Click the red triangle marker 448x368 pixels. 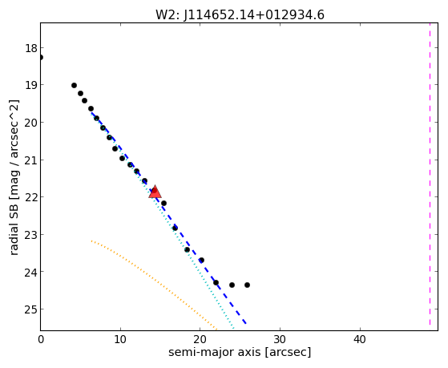coord(155,192)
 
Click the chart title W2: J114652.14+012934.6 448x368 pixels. coord(240,15)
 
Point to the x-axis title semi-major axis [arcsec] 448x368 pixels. coord(240,352)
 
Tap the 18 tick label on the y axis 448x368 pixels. coord(30,48)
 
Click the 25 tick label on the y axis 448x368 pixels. coord(30,309)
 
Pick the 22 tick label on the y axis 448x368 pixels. coord(30,197)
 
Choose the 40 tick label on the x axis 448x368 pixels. coord(360,339)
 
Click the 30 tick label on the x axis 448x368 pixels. coord(280,339)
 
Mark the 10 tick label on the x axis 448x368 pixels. coord(120,339)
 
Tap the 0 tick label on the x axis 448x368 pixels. coord(41,339)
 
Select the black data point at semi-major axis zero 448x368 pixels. coord(41,57)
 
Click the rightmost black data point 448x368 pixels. coord(247,285)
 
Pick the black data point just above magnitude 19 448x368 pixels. coord(74,85)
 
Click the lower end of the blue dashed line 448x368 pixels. coord(246,323)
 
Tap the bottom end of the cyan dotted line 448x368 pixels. coord(234,328)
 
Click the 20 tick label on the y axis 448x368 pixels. coord(30,123)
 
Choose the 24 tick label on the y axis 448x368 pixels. coord(30,272)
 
